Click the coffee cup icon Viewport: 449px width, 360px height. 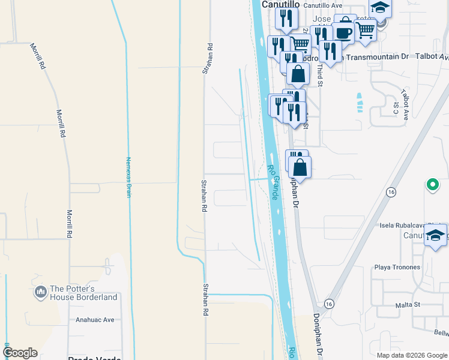(344, 34)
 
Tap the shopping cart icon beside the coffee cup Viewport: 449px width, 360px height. (366, 29)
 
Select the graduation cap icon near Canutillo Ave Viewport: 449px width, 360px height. (379, 8)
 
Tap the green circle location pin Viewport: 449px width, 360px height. (432, 185)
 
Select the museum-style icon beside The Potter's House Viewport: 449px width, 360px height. (41, 292)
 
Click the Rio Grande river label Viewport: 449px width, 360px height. (274, 183)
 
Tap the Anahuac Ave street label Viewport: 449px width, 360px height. (95, 320)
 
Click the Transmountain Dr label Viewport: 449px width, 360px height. (376, 56)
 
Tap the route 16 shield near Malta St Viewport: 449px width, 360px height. (328, 304)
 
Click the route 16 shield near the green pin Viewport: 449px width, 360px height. (391, 192)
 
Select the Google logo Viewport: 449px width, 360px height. (20, 353)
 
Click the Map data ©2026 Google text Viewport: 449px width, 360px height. (412, 355)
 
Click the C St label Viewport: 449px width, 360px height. (396, 108)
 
